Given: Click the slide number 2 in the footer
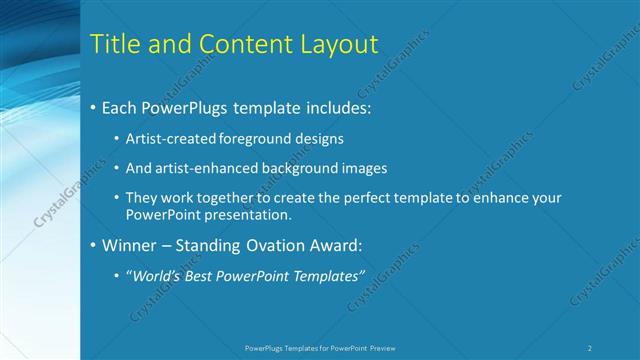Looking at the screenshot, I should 590,348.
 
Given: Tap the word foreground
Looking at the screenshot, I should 255,138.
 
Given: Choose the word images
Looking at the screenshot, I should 362,168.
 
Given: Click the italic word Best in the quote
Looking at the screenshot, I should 201,275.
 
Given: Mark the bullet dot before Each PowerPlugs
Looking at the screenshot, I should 93,106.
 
